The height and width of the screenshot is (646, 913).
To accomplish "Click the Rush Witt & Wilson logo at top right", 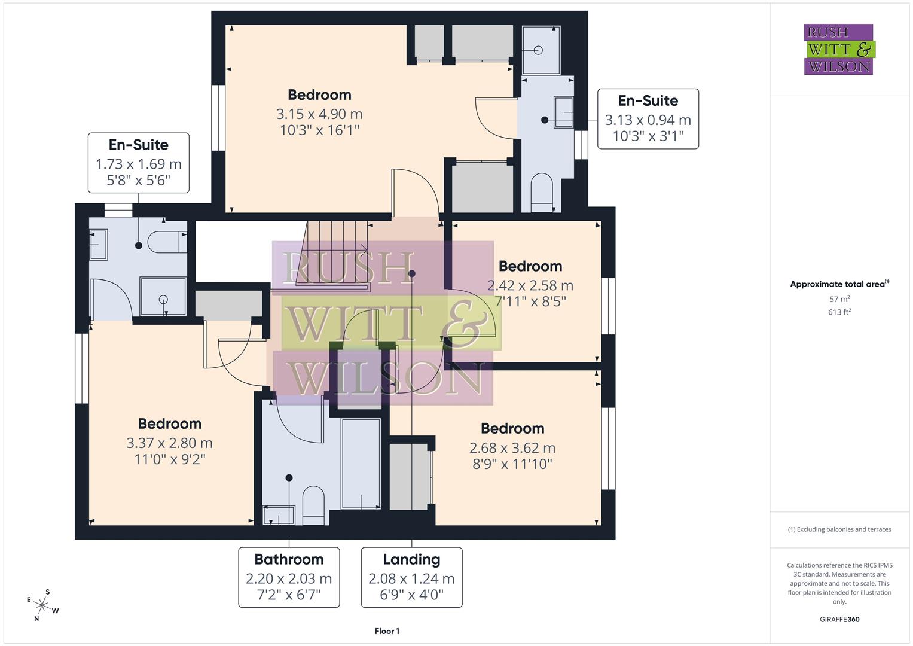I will pyautogui.click(x=838, y=49).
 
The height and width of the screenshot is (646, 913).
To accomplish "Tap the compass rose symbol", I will pyautogui.click(x=42, y=605).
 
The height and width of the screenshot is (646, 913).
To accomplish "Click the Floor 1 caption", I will pyautogui.click(x=387, y=631).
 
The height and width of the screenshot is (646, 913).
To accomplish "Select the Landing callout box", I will pyautogui.click(x=411, y=577).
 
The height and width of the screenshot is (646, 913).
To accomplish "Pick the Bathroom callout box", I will pyautogui.click(x=289, y=577).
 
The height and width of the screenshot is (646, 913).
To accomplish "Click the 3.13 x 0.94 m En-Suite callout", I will pyautogui.click(x=648, y=119).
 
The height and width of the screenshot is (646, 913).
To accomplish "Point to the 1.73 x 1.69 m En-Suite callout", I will pyautogui.click(x=139, y=163).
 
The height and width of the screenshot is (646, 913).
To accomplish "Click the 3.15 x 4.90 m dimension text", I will pyautogui.click(x=319, y=114).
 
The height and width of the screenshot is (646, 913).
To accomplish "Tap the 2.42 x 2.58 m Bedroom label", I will pyautogui.click(x=530, y=266).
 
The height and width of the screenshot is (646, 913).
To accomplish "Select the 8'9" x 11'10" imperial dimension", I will pyautogui.click(x=512, y=464).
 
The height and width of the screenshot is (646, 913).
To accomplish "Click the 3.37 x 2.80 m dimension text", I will pyautogui.click(x=169, y=443).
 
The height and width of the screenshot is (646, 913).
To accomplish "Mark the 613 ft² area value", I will pyautogui.click(x=839, y=312).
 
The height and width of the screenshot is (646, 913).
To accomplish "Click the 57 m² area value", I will pyautogui.click(x=839, y=299).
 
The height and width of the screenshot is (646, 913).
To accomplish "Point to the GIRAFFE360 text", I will pyautogui.click(x=839, y=619).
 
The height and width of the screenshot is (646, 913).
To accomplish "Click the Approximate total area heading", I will pyautogui.click(x=839, y=284).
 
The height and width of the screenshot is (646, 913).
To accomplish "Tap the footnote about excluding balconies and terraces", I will pyautogui.click(x=839, y=529).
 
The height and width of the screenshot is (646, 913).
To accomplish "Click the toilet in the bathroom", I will pyautogui.click(x=313, y=504).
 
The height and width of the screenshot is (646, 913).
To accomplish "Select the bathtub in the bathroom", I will pyautogui.click(x=361, y=464).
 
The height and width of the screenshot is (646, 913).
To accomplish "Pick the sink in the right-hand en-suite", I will pyautogui.click(x=563, y=112).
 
